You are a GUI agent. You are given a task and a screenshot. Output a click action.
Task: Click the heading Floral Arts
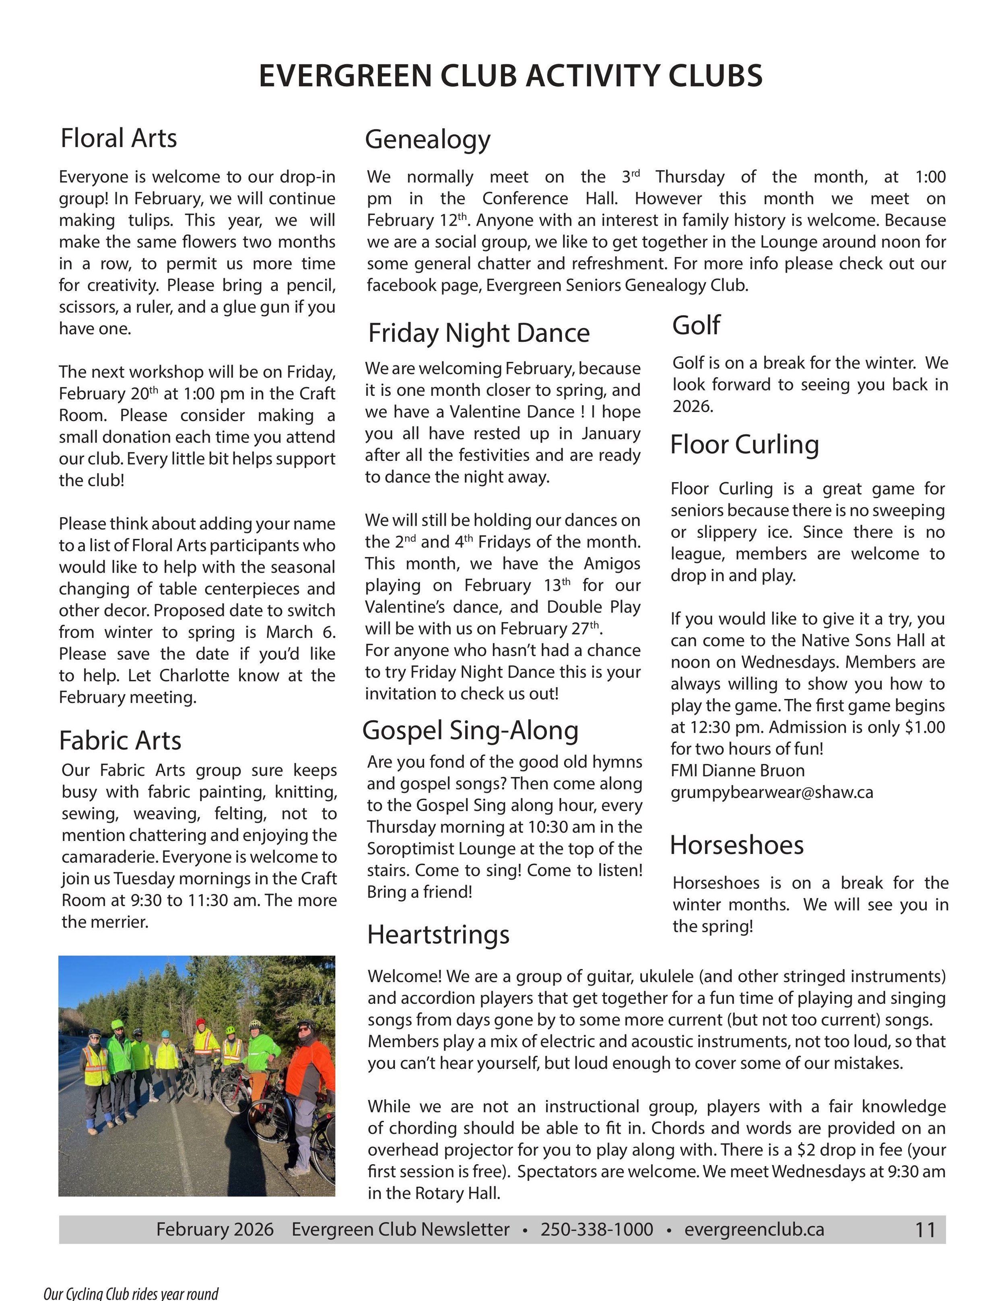pyautogui.click(x=119, y=138)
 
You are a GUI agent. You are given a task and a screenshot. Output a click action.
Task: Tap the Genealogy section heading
pyautogui.click(x=427, y=140)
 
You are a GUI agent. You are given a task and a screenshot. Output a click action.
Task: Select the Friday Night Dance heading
pyautogui.click(x=478, y=333)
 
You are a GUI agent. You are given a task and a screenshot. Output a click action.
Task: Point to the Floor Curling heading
pyautogui.click(x=744, y=444)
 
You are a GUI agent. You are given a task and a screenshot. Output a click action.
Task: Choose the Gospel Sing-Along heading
pyautogui.click(x=470, y=730)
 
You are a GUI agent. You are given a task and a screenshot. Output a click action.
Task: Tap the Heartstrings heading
pyautogui.click(x=438, y=935)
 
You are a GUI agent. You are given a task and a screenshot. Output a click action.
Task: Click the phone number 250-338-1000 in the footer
pyautogui.click(x=597, y=1229)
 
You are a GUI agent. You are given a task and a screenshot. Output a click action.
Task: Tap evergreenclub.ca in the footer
pyautogui.click(x=754, y=1229)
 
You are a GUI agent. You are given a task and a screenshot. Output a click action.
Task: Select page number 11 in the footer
pyautogui.click(x=925, y=1230)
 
